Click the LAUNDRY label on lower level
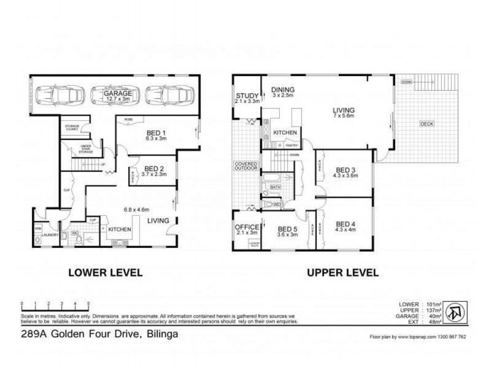[50, 234]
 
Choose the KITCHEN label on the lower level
[120, 229]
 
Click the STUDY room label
[247, 95]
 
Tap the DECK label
[427, 124]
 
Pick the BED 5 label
[287, 228]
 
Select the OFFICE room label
[247, 227]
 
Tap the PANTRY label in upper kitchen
[292, 145]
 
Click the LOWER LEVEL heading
[105, 272]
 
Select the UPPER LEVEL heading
[342, 272]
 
